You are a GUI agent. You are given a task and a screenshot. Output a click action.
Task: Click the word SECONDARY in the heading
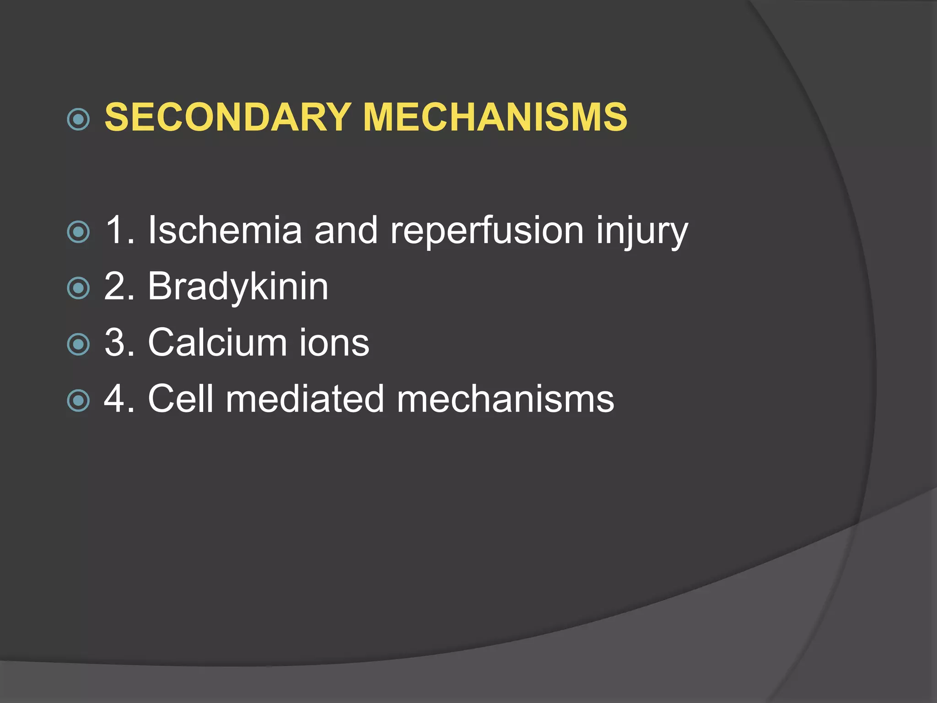pyautogui.click(x=228, y=117)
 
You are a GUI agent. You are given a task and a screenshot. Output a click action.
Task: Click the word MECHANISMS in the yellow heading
pyautogui.click(x=495, y=117)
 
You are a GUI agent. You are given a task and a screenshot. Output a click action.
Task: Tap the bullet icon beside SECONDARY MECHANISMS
pyautogui.click(x=78, y=119)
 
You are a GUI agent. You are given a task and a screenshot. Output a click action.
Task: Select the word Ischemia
pyautogui.click(x=225, y=230)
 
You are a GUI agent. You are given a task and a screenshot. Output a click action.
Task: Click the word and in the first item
pyautogui.click(x=346, y=230)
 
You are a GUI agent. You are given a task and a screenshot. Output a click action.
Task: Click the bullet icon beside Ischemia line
pyautogui.click(x=78, y=232)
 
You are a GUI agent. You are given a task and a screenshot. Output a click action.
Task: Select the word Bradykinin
pyautogui.click(x=238, y=287)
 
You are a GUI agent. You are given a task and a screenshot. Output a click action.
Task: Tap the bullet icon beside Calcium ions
pyautogui.click(x=78, y=345)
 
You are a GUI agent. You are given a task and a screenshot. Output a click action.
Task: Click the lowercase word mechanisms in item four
pyautogui.click(x=505, y=399)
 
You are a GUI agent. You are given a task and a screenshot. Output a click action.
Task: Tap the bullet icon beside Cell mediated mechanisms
pyautogui.click(x=78, y=401)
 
